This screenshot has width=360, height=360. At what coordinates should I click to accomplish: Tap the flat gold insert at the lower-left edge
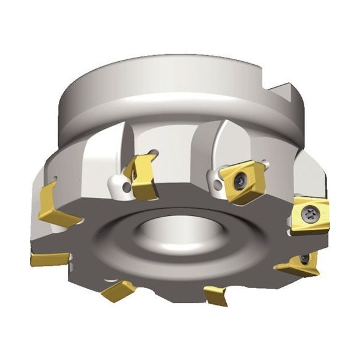click(49, 259)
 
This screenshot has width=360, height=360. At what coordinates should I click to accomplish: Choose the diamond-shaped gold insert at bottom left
click(118, 290)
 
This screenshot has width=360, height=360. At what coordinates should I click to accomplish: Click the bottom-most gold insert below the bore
click(216, 296)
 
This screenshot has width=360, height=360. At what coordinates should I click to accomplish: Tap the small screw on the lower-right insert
click(305, 259)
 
